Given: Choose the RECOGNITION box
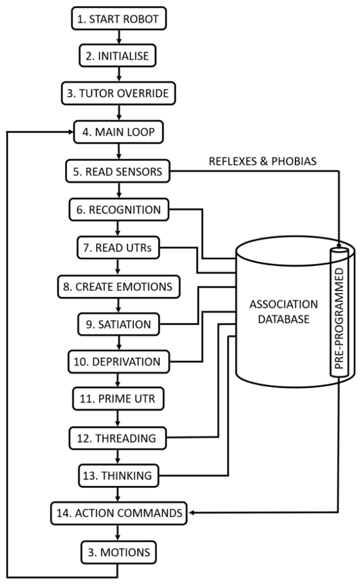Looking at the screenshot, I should pos(118,210).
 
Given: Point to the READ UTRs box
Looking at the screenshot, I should pos(118,248).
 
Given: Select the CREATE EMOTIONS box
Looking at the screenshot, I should pos(118,286).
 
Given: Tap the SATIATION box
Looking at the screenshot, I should pos(118,324).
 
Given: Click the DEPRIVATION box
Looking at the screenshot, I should pos(118,362).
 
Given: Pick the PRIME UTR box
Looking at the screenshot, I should pos(118,399).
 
